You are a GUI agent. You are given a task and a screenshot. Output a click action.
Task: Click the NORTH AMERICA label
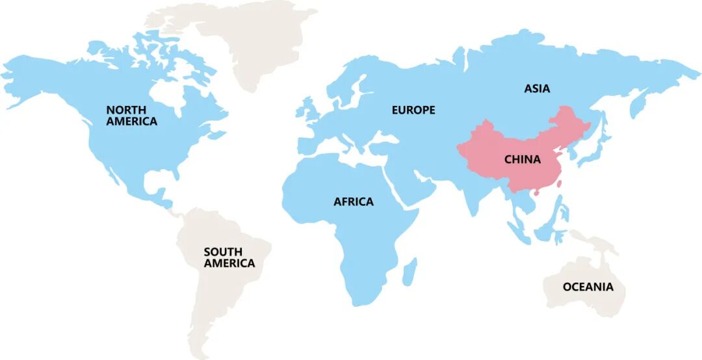(x=132, y=116)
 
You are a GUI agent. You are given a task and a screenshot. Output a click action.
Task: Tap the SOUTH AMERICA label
(x=229, y=257)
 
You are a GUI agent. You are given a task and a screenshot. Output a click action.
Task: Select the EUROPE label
(x=413, y=110)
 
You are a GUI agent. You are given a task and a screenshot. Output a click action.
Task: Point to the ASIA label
(x=537, y=88)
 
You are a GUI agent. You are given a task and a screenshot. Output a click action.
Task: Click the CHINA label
(x=522, y=159)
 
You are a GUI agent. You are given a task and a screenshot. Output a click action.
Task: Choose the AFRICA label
(x=354, y=201)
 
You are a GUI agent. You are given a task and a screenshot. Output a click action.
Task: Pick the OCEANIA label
(x=588, y=287)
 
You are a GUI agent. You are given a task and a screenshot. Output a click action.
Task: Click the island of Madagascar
(x=409, y=271)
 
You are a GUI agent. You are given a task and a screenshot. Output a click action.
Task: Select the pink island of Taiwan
(x=558, y=183)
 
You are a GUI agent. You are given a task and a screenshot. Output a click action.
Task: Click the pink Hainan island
(x=536, y=193)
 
